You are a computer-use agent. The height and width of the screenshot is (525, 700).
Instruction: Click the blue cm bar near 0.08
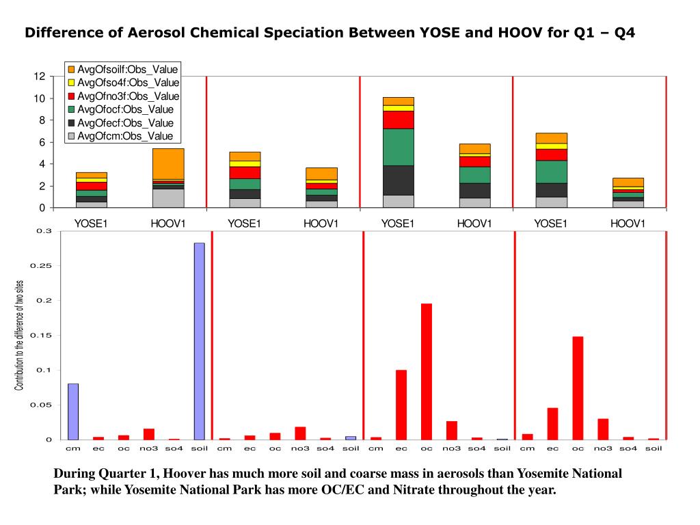point(73,412)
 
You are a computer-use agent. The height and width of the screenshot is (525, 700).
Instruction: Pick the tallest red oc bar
point(427,371)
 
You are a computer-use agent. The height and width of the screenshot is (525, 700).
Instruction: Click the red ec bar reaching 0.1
point(401,405)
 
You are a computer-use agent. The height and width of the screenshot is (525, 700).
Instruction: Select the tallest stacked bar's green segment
point(398,147)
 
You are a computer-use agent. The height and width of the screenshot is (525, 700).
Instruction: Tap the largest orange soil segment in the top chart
point(168,163)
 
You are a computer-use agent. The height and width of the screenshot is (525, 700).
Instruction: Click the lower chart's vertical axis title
point(19,336)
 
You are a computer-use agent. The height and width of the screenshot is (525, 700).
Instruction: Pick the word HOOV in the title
point(517,33)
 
